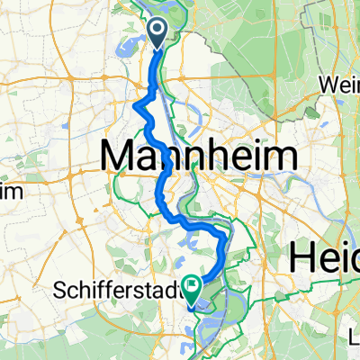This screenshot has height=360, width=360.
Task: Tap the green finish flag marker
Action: click(193, 287)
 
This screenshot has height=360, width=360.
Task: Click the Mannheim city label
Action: click(199, 158)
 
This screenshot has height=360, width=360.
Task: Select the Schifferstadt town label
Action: click(115, 292)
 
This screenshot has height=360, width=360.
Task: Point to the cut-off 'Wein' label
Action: click(340, 85)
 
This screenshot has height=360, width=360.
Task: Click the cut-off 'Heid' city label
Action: click(323, 258)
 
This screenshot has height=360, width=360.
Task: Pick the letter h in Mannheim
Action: click(221, 158)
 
